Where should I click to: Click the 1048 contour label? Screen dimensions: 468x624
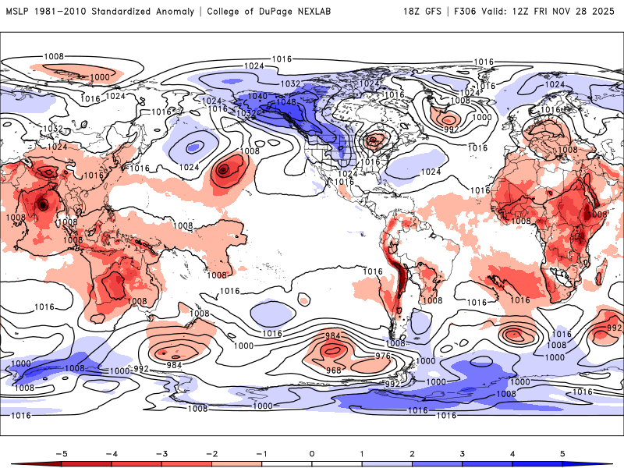[286, 102]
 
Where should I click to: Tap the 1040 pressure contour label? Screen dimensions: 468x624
[258, 97]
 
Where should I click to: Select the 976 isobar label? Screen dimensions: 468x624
[383, 356]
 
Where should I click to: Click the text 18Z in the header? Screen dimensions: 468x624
[414, 12]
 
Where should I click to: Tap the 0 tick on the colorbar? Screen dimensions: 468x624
[312, 452]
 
